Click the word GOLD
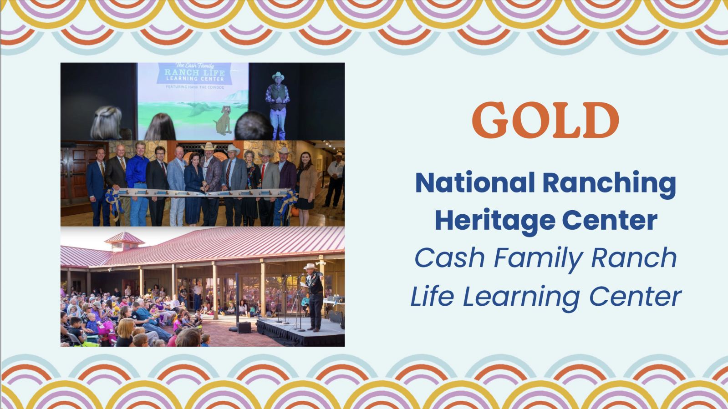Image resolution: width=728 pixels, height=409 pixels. (545, 120)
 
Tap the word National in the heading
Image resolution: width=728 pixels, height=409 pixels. (475, 183)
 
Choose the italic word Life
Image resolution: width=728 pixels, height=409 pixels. (433, 296)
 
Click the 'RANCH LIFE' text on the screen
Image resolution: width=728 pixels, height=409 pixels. (194, 72)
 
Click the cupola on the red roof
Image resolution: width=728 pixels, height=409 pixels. (124, 242)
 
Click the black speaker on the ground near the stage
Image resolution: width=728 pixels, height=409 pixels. (244, 328)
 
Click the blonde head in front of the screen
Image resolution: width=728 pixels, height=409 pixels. (106, 123)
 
